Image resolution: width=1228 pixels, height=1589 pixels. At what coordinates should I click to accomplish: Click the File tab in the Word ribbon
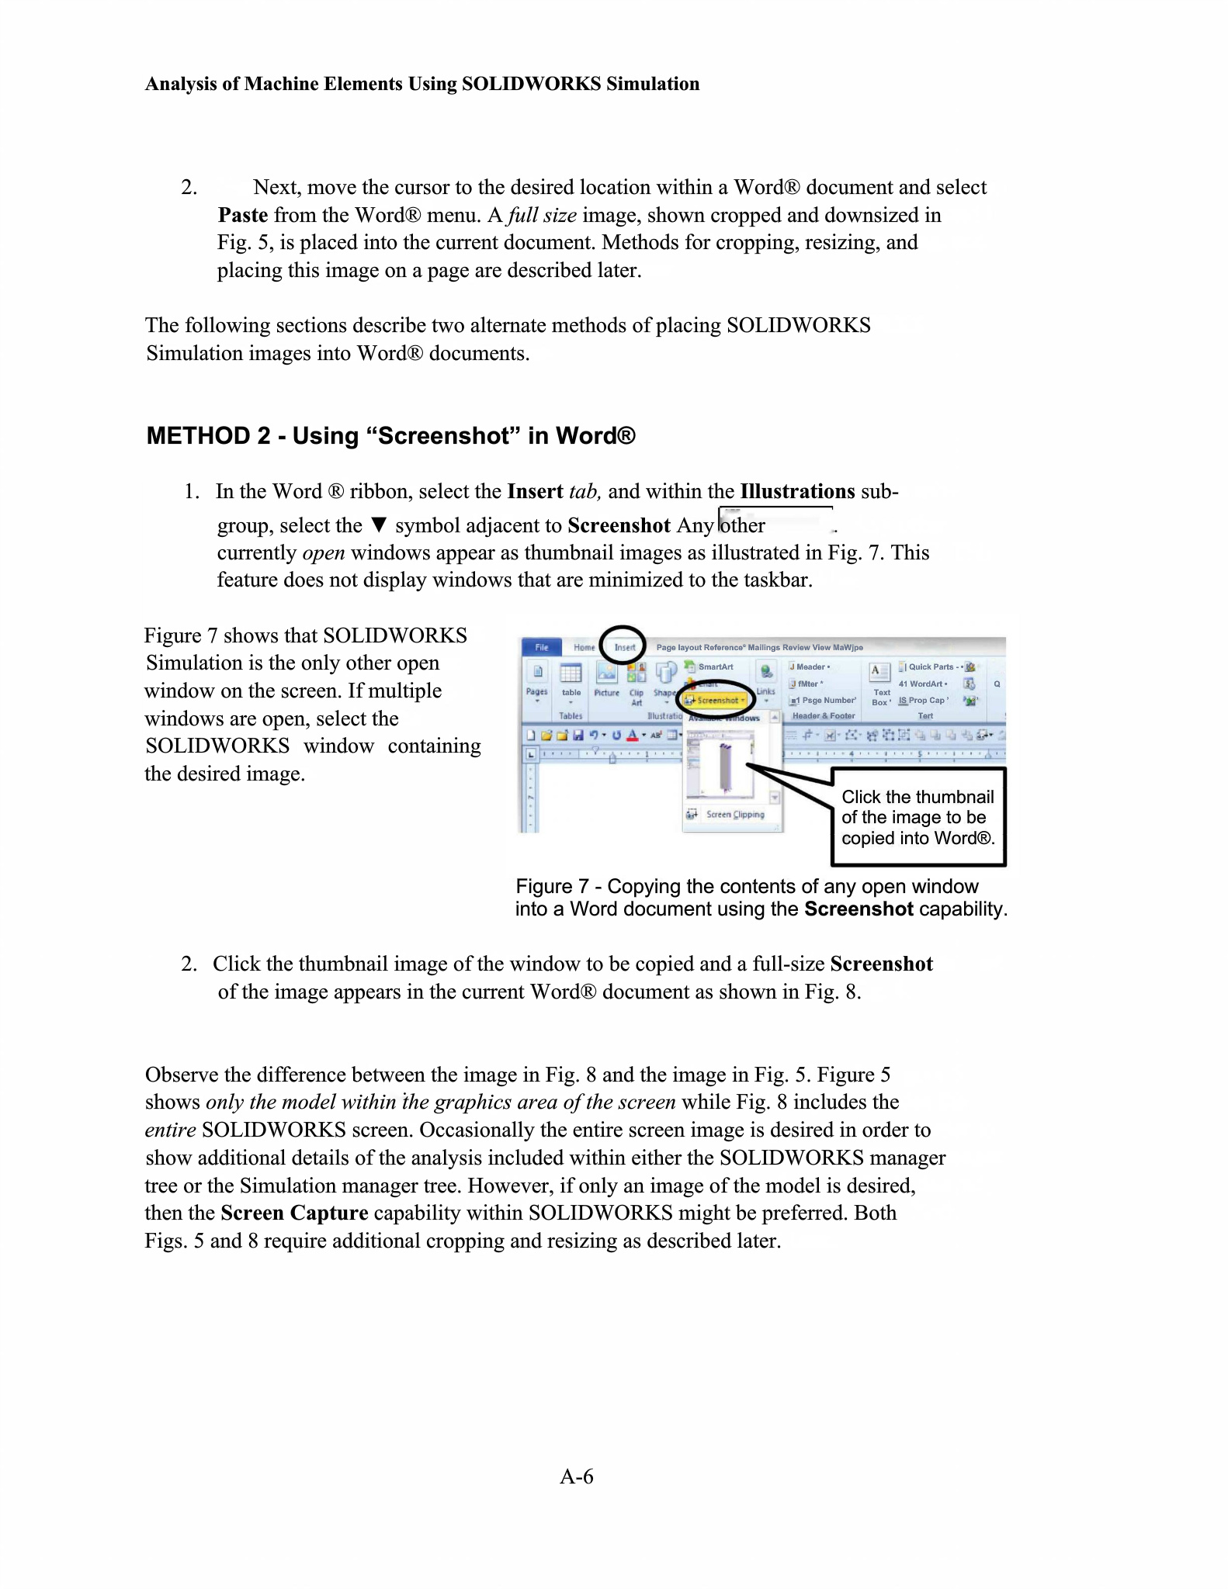pyautogui.click(x=541, y=647)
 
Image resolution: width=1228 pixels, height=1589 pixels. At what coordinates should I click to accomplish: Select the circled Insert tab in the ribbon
pyautogui.click(x=624, y=647)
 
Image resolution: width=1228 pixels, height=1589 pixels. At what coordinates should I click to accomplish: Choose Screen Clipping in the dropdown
pyautogui.click(x=734, y=814)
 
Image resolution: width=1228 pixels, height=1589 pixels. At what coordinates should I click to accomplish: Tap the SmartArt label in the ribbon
pyautogui.click(x=715, y=666)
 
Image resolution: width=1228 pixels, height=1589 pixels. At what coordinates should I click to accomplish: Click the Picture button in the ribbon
pyautogui.click(x=606, y=679)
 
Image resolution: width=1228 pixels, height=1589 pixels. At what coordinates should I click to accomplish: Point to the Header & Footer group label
pyautogui.click(x=823, y=716)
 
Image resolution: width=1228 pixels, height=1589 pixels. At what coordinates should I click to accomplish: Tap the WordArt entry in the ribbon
pyautogui.click(x=924, y=684)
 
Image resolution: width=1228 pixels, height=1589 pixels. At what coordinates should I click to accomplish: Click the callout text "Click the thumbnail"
pyautogui.click(x=918, y=797)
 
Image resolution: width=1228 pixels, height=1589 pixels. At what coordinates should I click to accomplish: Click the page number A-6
pyautogui.click(x=577, y=1476)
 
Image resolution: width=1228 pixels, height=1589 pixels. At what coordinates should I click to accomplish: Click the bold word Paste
pyautogui.click(x=243, y=215)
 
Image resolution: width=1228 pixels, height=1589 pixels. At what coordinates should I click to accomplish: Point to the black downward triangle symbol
pyautogui.click(x=379, y=524)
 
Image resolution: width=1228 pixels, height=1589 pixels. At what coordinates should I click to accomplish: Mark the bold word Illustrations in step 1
pyautogui.click(x=797, y=491)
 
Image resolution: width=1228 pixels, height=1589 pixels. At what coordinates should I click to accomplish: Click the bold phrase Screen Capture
pyautogui.click(x=294, y=1213)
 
